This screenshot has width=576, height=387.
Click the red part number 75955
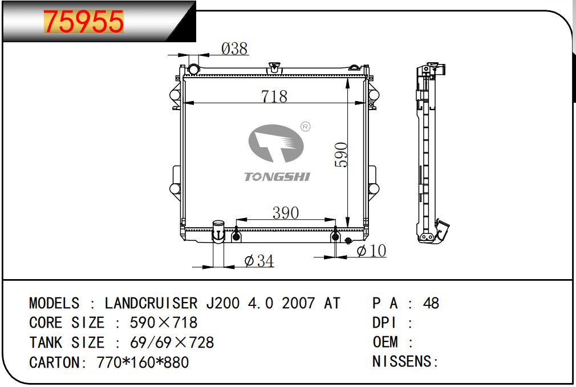tap(83, 21)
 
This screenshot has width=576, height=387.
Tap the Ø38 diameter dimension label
tap(234, 49)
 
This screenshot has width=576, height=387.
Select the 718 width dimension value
tap(274, 96)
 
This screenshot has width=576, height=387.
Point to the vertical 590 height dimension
tap(341, 155)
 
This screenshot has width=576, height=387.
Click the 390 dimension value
tap(285, 213)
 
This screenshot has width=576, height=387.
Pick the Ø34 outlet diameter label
tap(259, 261)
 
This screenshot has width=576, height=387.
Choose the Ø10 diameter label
tap(371, 251)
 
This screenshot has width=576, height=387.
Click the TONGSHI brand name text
tap(277, 177)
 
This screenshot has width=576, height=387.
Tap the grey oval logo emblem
tap(276, 143)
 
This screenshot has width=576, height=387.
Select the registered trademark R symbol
tap(305, 127)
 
